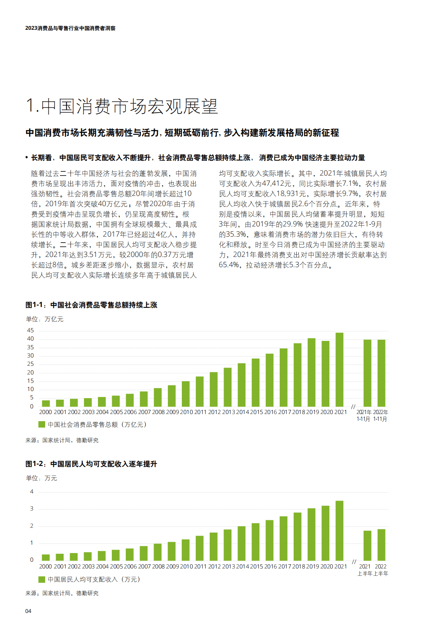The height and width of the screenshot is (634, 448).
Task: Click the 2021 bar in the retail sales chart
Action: [x=339, y=370]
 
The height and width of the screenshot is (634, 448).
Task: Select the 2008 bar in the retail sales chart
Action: [x=158, y=397]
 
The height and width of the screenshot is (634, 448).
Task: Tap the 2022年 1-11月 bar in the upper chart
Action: [x=381, y=373]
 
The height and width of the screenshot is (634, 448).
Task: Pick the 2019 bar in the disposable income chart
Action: [x=311, y=535]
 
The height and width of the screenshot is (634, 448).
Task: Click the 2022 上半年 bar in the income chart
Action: [x=381, y=545]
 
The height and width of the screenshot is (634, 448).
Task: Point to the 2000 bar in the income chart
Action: [x=46, y=558]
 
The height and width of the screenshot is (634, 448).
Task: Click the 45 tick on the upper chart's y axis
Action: [x=30, y=330]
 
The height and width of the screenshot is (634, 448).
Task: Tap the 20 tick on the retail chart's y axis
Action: [x=30, y=373]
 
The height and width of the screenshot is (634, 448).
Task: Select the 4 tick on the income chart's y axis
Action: [x=32, y=492]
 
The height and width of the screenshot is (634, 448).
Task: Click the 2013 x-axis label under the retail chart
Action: [x=228, y=412]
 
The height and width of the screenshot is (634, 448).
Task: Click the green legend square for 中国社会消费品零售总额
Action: [x=42, y=425]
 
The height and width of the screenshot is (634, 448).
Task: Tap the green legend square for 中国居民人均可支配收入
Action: [x=42, y=579]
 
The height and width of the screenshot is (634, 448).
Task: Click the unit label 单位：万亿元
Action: [x=44, y=319]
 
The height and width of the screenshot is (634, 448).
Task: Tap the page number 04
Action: [x=28, y=611]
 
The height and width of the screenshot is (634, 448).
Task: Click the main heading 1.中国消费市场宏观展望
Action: [x=122, y=107]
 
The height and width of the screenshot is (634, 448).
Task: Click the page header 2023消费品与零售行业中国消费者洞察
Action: [x=70, y=28]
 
